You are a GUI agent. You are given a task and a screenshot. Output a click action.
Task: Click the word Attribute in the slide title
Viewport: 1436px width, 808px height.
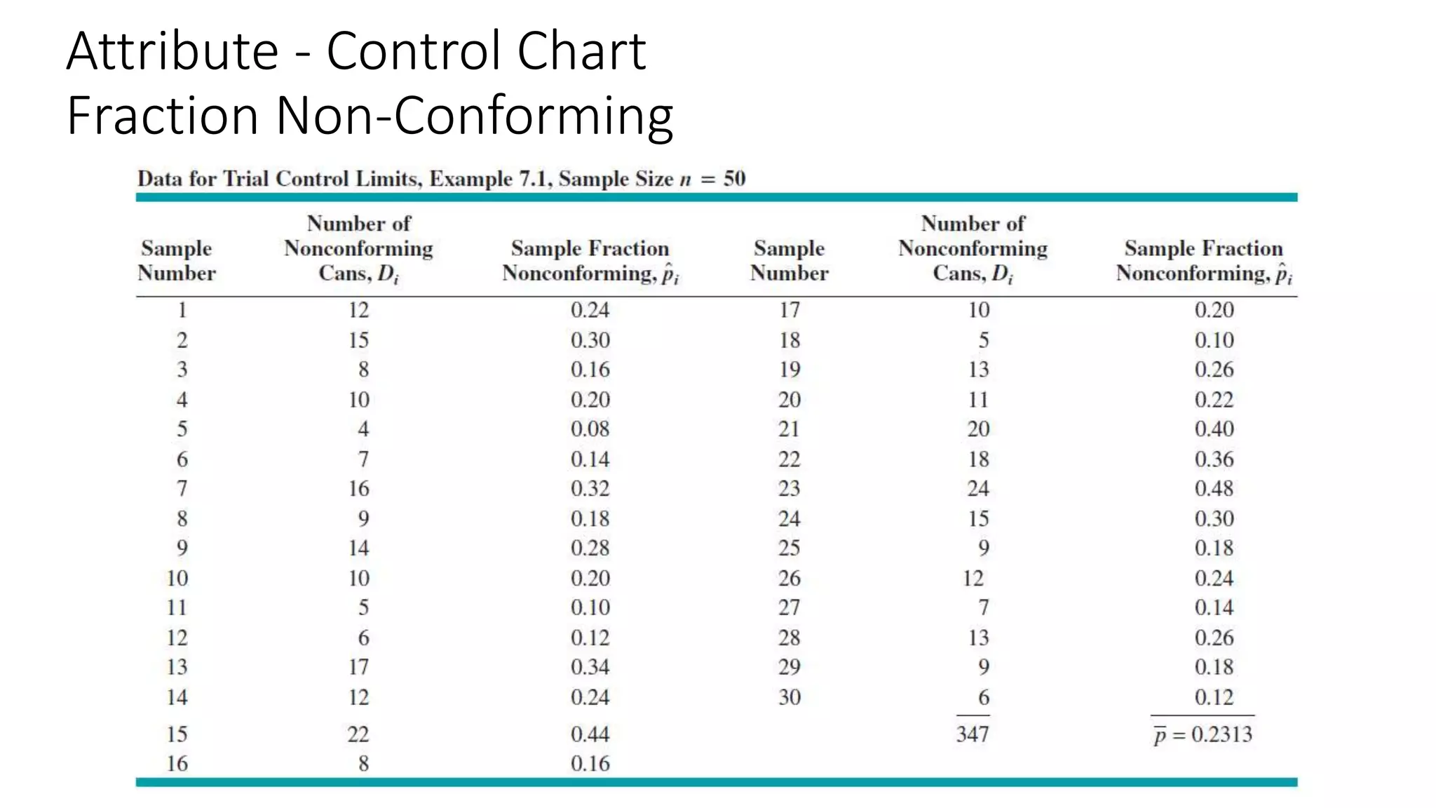[x=173, y=52]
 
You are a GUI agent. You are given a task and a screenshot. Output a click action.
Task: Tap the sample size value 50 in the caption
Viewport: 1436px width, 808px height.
[x=734, y=179]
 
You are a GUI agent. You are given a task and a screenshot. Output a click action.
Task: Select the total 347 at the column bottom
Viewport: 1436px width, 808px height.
[x=973, y=734]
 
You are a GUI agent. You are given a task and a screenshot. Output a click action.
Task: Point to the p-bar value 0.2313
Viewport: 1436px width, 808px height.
[x=1221, y=734]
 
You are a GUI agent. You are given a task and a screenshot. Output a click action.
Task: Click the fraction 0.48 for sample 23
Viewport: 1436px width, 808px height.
[x=1214, y=489]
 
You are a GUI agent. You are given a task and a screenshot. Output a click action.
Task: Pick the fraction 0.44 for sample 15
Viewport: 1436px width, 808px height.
[x=590, y=734]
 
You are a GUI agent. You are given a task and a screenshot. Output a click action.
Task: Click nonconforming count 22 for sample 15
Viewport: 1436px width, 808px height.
[x=358, y=734]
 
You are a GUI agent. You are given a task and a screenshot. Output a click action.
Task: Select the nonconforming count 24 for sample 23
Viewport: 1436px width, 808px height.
[x=978, y=489]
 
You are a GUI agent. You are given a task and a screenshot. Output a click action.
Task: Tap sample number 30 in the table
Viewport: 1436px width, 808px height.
[x=789, y=697]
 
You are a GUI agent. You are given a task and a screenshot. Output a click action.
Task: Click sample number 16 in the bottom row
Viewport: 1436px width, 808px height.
[x=177, y=764]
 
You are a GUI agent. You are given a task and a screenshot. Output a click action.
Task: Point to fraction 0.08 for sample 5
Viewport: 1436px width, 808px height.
[x=590, y=429]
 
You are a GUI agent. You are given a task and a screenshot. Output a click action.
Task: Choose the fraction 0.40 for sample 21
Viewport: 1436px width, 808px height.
[x=1214, y=429]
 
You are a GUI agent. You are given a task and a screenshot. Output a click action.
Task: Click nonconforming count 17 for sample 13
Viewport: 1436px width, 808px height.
[x=358, y=667]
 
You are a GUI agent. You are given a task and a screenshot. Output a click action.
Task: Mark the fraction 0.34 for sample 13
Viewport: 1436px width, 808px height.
[x=590, y=667]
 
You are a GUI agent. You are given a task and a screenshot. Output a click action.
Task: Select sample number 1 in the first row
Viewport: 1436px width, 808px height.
[x=182, y=310]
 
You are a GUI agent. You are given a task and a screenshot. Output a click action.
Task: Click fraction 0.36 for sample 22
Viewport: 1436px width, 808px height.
[x=1214, y=459]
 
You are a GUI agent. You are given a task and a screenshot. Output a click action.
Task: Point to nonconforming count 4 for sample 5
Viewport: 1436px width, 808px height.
[x=363, y=429]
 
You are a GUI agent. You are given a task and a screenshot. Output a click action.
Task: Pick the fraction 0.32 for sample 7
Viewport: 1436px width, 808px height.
[x=590, y=489]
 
